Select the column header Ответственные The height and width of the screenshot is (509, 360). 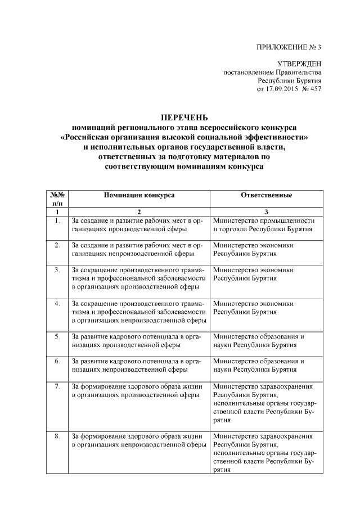point(266,195)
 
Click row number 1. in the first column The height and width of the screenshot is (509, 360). point(57,221)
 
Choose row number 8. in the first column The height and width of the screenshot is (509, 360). point(57,436)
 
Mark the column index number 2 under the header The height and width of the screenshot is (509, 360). point(138,211)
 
